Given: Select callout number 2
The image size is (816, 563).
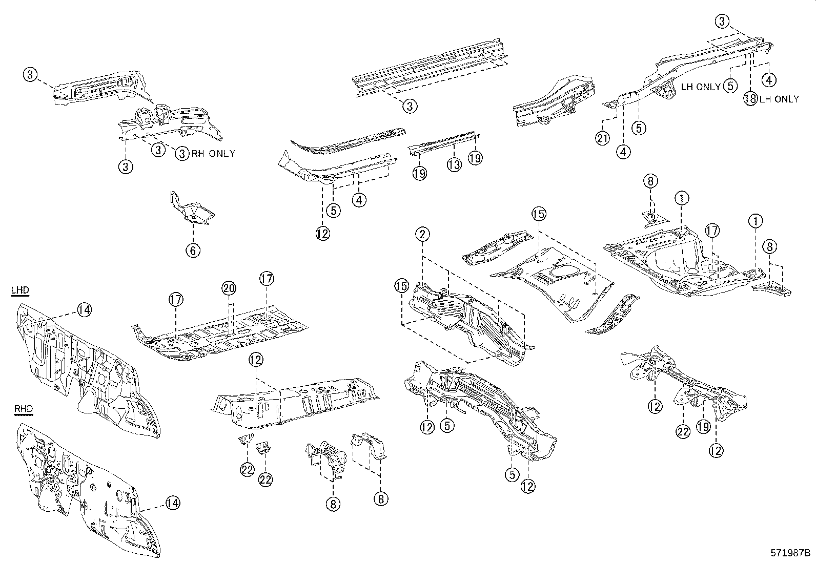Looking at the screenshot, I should click(422, 235).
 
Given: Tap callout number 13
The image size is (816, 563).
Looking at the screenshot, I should click(454, 164).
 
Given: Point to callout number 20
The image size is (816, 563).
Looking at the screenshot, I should click(229, 288).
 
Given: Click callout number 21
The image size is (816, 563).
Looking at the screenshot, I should click(602, 138).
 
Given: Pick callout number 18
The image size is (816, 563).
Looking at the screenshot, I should click(750, 99).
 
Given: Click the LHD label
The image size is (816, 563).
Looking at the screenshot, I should click(20, 290).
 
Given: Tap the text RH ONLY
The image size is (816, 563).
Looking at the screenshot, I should click(213, 153).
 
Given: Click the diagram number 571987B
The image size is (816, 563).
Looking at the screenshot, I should click(790, 553).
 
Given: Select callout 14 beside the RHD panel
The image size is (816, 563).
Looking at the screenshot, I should click(173, 503).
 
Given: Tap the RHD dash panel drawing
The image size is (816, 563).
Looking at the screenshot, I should click(82, 492).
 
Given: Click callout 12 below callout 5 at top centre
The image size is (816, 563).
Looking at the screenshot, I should click(322, 233).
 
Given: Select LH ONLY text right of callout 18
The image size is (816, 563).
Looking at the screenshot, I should click(779, 99).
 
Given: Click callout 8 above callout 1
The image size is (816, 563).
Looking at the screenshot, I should click(650, 181).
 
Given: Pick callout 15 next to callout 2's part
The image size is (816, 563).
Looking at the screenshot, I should click(401, 286).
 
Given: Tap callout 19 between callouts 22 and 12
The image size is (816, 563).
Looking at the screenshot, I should click(703, 426).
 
